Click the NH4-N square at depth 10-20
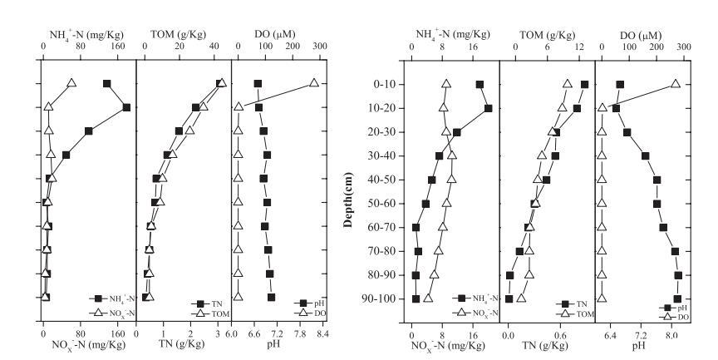pos(489,108)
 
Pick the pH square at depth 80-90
pos(678,275)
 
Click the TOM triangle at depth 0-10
pos(568,83)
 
